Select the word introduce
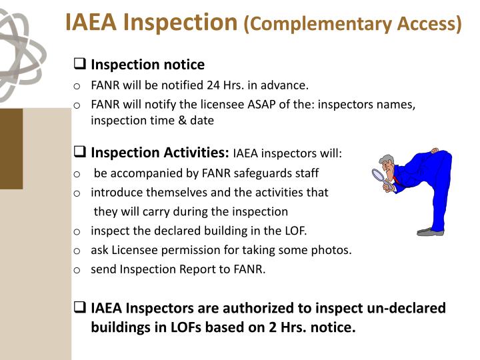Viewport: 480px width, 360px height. [x=117, y=193]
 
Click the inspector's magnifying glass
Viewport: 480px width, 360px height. [x=380, y=177]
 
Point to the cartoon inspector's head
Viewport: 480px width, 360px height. [x=388, y=164]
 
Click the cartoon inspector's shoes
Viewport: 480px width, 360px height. [x=430, y=231]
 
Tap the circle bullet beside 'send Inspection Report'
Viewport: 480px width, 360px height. [x=77, y=270]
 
